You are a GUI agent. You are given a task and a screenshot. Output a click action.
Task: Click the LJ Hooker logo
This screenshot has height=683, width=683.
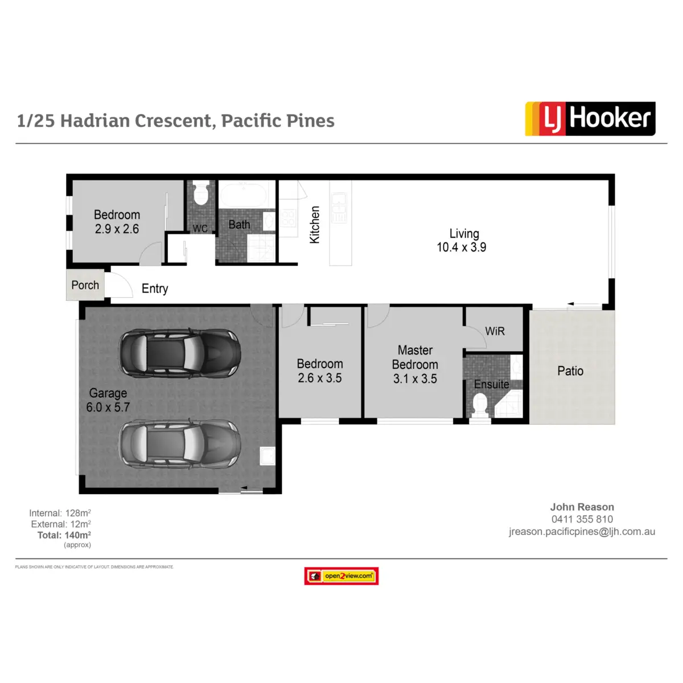pyautogui.click(x=590, y=118)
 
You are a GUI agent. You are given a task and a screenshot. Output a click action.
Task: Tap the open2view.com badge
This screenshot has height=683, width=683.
pyautogui.click(x=341, y=576)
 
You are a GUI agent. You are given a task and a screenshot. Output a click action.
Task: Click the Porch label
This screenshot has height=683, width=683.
pyautogui.click(x=85, y=285)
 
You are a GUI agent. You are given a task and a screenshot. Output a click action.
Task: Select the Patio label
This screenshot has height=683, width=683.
pyautogui.click(x=570, y=371)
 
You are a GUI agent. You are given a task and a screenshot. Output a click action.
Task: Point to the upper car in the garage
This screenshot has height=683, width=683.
pyautogui.click(x=179, y=353)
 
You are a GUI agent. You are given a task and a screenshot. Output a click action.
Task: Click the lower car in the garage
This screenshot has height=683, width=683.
pyautogui.click(x=179, y=444)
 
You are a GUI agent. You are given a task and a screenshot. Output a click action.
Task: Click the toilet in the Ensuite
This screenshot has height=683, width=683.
pyautogui.click(x=480, y=405)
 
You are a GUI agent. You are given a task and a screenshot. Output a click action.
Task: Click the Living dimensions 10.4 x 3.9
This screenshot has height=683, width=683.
pyautogui.click(x=462, y=248)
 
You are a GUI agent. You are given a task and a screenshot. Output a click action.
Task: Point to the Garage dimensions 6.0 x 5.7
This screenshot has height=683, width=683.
pyautogui.click(x=108, y=408)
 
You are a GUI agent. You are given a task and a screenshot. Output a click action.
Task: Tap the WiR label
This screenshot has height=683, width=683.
pyautogui.click(x=495, y=331)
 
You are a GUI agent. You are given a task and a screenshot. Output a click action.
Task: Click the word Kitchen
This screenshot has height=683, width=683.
pyautogui.click(x=315, y=225)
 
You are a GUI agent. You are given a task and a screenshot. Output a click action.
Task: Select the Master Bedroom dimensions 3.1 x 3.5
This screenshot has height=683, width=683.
pyautogui.click(x=415, y=379)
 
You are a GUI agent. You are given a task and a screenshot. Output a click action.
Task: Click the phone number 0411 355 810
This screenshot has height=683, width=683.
pyautogui.click(x=582, y=519)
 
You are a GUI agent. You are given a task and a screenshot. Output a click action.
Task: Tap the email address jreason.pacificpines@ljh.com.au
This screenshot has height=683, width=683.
pyautogui.click(x=582, y=532)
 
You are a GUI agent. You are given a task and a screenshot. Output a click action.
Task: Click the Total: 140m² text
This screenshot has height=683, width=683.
pyautogui.click(x=64, y=535)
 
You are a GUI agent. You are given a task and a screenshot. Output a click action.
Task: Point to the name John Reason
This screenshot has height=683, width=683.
pyautogui.click(x=582, y=507)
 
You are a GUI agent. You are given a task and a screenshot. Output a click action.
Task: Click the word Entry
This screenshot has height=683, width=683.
pyautogui.click(x=155, y=289)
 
